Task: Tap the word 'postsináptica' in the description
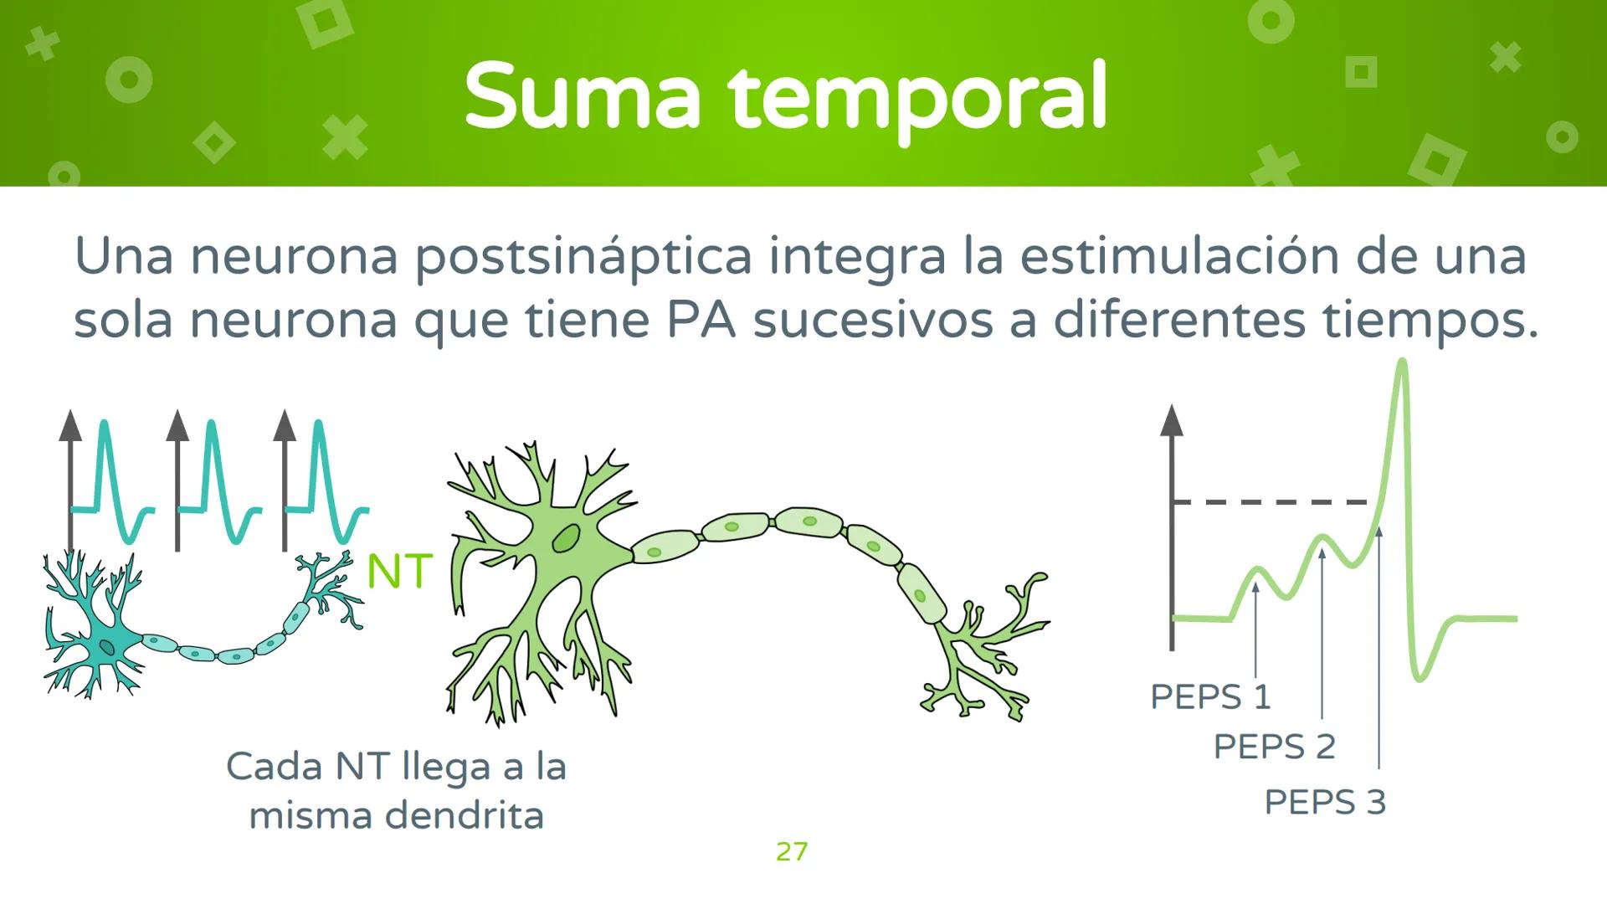[x=583, y=257]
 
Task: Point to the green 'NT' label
[x=400, y=572]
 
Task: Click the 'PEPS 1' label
[x=1210, y=696]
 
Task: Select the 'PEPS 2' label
[x=1274, y=746]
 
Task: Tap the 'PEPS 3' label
[x=1325, y=802]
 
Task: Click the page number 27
[x=792, y=851]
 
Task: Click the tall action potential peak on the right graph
[x=1402, y=368]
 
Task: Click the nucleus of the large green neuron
[x=567, y=538]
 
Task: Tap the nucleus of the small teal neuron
[x=107, y=646]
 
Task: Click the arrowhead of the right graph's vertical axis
[x=1172, y=419]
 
